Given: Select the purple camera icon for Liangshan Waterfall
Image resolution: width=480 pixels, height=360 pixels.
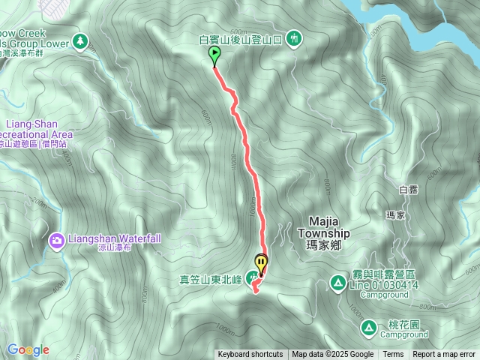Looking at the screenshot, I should pos(57,241).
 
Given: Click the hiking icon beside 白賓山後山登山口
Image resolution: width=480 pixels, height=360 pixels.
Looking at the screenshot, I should pos(294,37).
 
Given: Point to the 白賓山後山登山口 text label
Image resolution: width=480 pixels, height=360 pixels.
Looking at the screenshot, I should pos(240,38).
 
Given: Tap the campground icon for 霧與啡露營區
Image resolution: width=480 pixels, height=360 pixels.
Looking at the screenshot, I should pos(337,283).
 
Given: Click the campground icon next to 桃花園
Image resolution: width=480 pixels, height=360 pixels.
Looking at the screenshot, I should pos(368,327).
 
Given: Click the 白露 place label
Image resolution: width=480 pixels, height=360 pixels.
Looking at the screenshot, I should pos(408,190).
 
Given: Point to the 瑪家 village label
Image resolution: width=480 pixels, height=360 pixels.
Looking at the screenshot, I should pos(395,215).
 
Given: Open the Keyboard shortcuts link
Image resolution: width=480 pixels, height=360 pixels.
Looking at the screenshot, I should pos(250,355).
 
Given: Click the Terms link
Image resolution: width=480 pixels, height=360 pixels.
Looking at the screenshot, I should pos(393,355).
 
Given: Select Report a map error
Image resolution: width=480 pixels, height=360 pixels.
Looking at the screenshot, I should pos(444,355).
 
